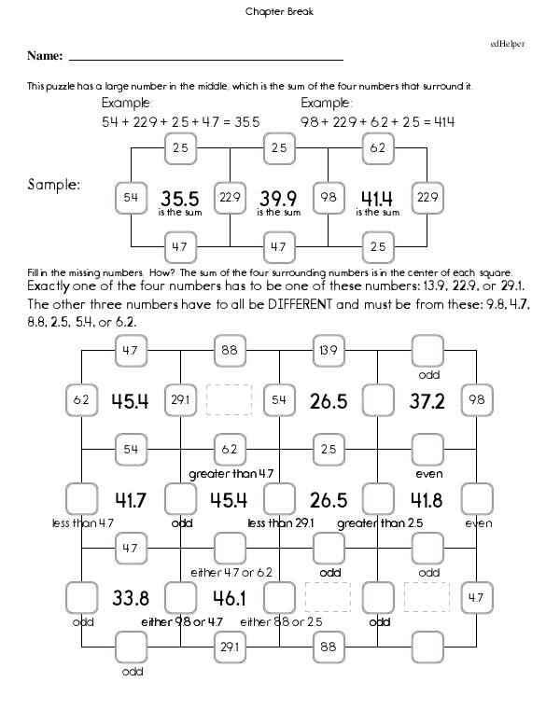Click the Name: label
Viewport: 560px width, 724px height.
point(45,57)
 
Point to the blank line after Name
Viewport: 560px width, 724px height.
point(205,59)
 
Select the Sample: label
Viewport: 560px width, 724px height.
point(54,186)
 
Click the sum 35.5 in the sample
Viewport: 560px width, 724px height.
point(179,199)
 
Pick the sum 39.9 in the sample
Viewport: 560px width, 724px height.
point(278,199)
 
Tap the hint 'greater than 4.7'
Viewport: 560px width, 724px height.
point(231,474)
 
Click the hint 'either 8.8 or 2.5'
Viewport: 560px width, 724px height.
point(281,621)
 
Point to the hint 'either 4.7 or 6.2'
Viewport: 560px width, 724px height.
point(231,572)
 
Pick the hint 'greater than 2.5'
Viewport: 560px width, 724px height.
point(380,522)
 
